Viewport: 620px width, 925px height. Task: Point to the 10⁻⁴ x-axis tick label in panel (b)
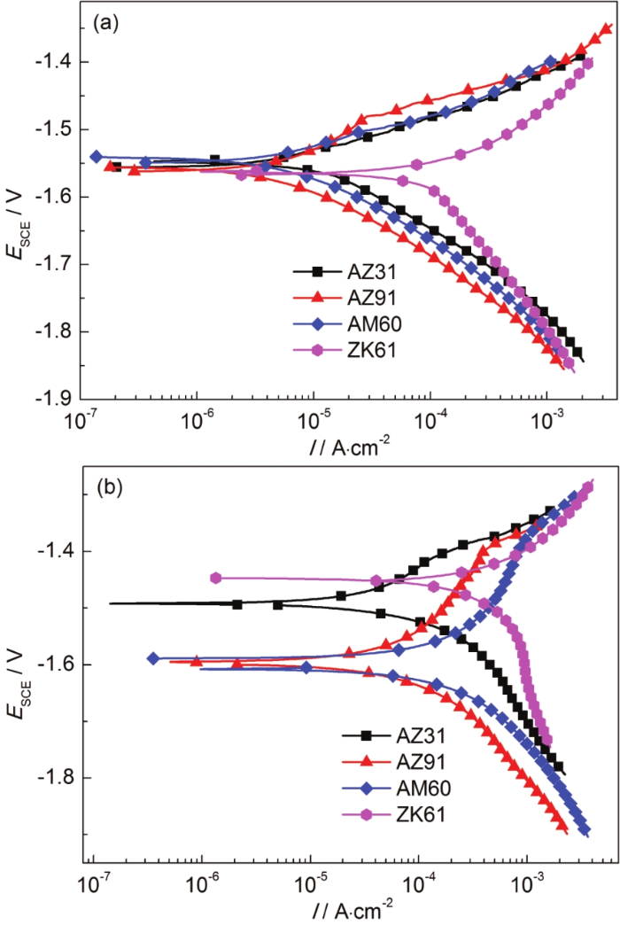click(x=419, y=884)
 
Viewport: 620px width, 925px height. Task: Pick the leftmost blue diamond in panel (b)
click(x=152, y=658)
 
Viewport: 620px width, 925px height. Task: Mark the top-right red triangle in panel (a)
click(x=606, y=28)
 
